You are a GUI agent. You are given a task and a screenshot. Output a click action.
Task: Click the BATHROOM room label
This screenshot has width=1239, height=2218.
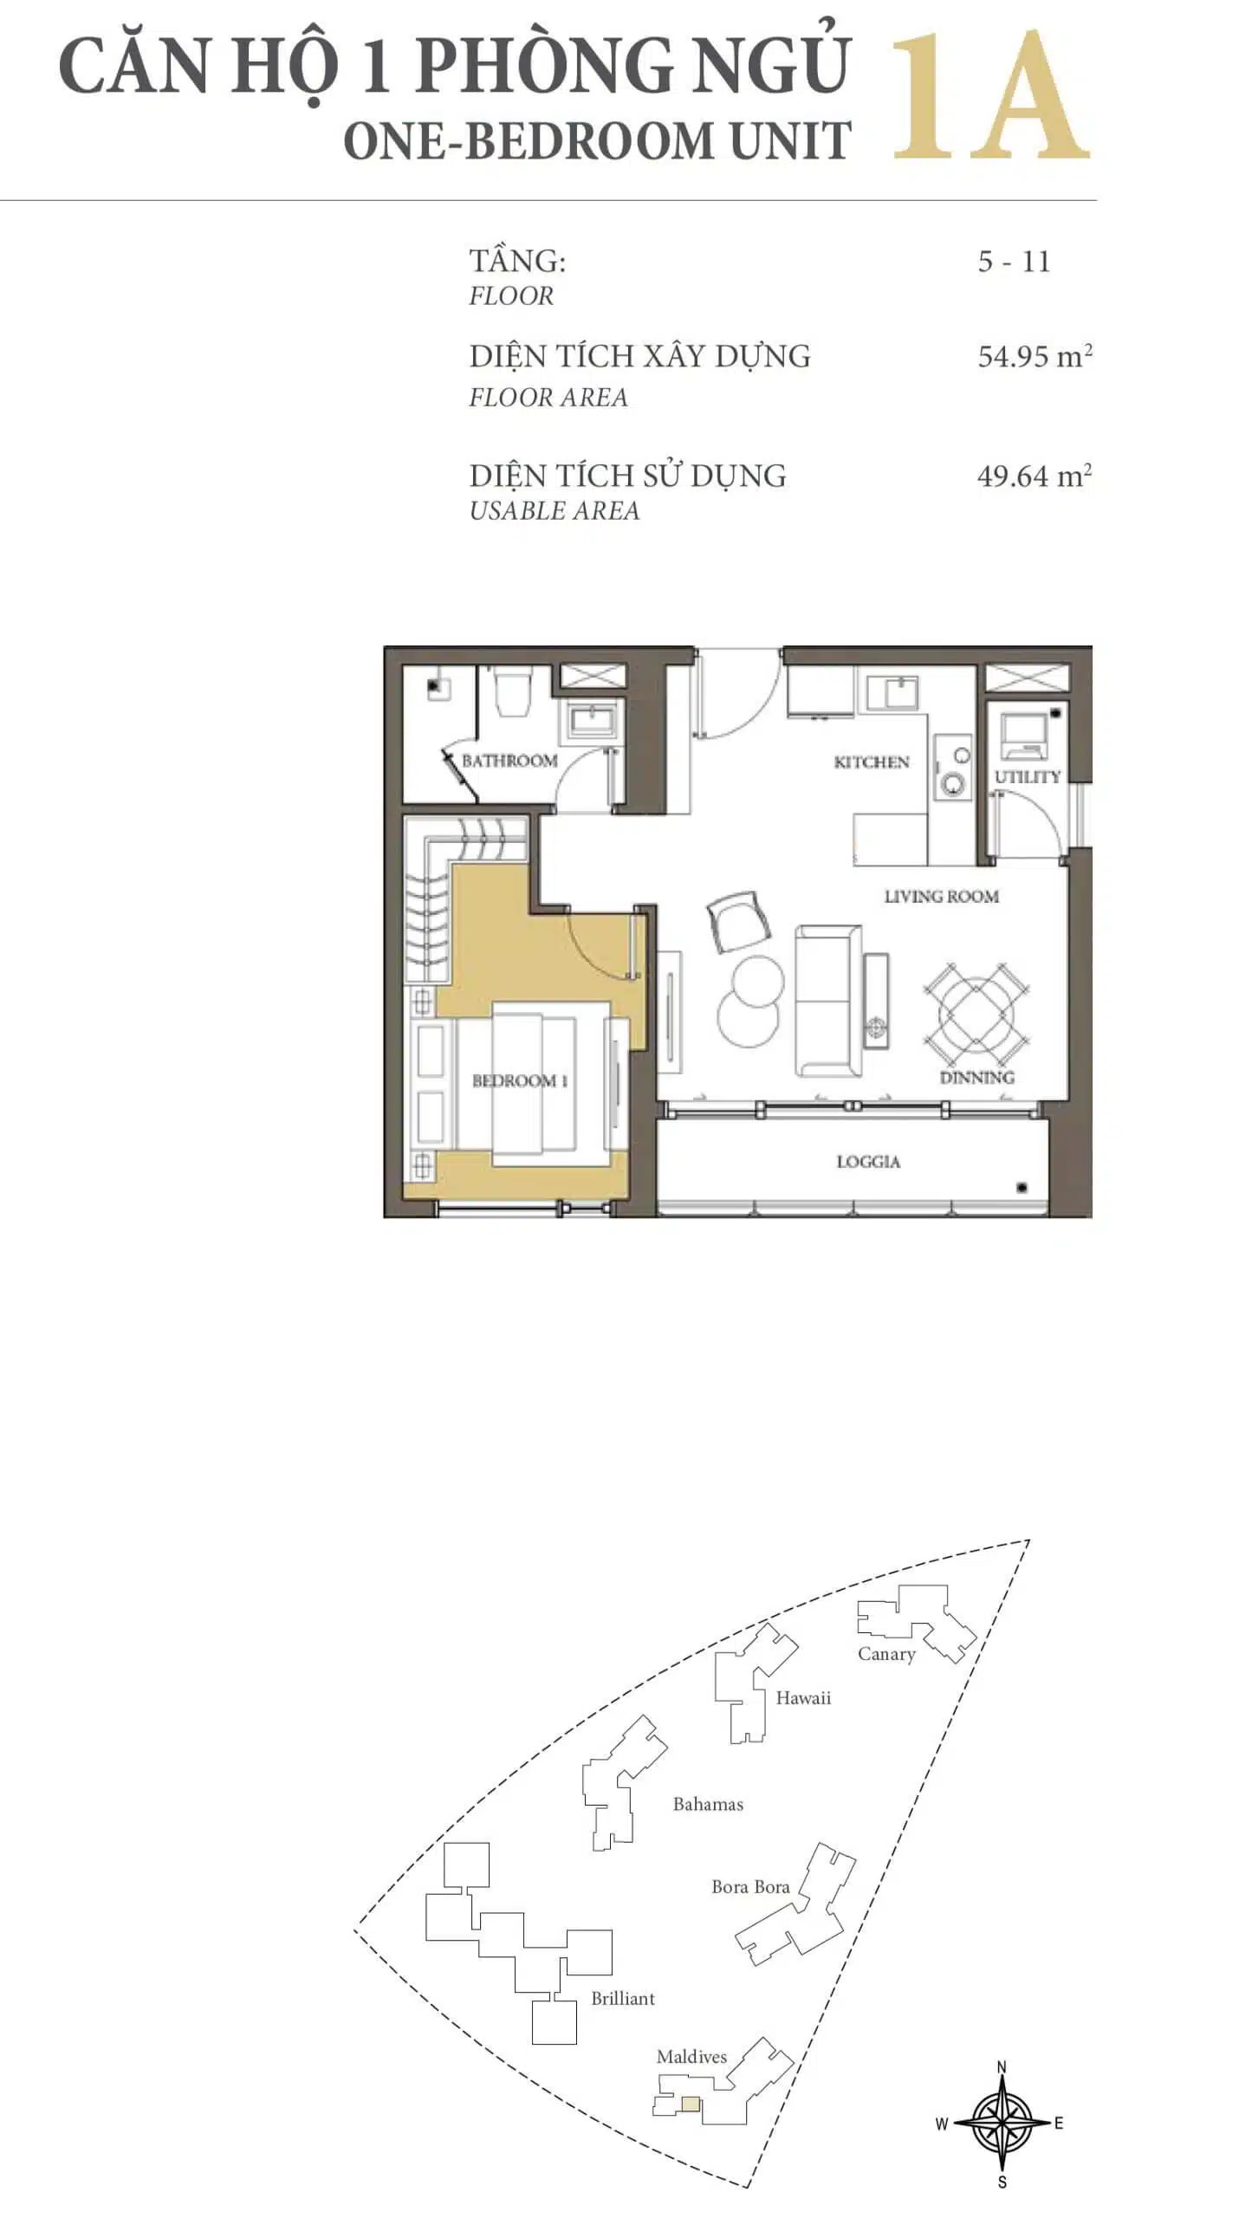click(509, 761)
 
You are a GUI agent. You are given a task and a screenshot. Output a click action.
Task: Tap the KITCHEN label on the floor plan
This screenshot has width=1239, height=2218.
click(872, 762)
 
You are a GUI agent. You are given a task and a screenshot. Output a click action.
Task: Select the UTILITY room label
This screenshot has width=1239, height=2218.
click(1028, 776)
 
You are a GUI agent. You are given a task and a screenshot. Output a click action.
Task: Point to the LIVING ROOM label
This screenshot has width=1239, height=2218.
click(941, 897)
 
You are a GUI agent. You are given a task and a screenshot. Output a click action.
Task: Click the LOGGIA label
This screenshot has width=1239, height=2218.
click(868, 1162)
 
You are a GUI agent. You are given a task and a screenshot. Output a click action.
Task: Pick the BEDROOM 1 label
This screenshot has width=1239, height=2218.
click(520, 1080)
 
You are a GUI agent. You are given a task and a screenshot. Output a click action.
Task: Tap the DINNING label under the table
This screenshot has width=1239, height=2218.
click(976, 1078)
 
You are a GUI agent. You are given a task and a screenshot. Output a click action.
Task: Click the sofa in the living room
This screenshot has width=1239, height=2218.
click(828, 1001)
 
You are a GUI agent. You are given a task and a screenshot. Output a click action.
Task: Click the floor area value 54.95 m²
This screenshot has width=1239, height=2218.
click(1035, 356)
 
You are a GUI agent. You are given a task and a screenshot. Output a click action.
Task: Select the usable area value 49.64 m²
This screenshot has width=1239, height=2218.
click(1035, 476)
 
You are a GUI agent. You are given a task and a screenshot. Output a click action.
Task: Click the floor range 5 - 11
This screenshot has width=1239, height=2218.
click(1014, 262)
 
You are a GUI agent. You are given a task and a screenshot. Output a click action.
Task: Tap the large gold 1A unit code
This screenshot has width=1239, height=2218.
click(989, 96)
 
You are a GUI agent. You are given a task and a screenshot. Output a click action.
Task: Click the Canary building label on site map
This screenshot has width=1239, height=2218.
click(886, 1654)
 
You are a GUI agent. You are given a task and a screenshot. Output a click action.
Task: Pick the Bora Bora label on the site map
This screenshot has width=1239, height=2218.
click(750, 1887)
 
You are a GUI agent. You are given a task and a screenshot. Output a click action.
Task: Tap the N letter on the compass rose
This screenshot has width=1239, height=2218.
click(1002, 2067)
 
